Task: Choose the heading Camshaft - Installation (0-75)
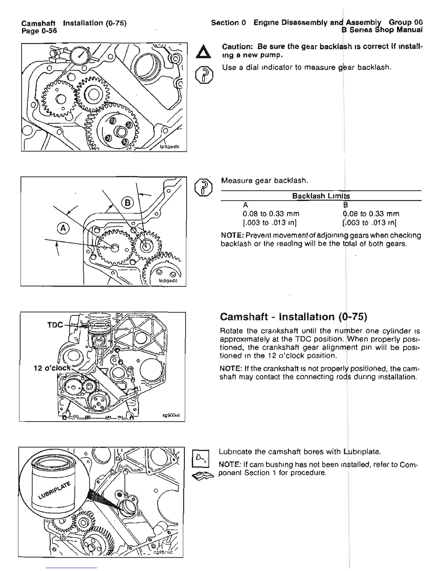[293, 317]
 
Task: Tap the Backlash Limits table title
[321, 196]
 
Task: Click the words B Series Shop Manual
[382, 30]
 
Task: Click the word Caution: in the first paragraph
[237, 47]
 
